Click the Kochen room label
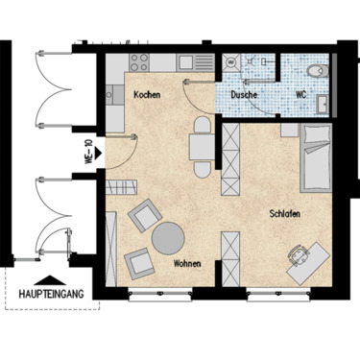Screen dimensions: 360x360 pos(146,95)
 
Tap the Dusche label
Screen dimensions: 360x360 pos(243,95)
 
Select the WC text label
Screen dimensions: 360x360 pos(300,95)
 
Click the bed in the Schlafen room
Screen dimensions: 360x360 pos(315,158)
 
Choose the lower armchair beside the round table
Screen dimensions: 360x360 pos(138,260)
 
